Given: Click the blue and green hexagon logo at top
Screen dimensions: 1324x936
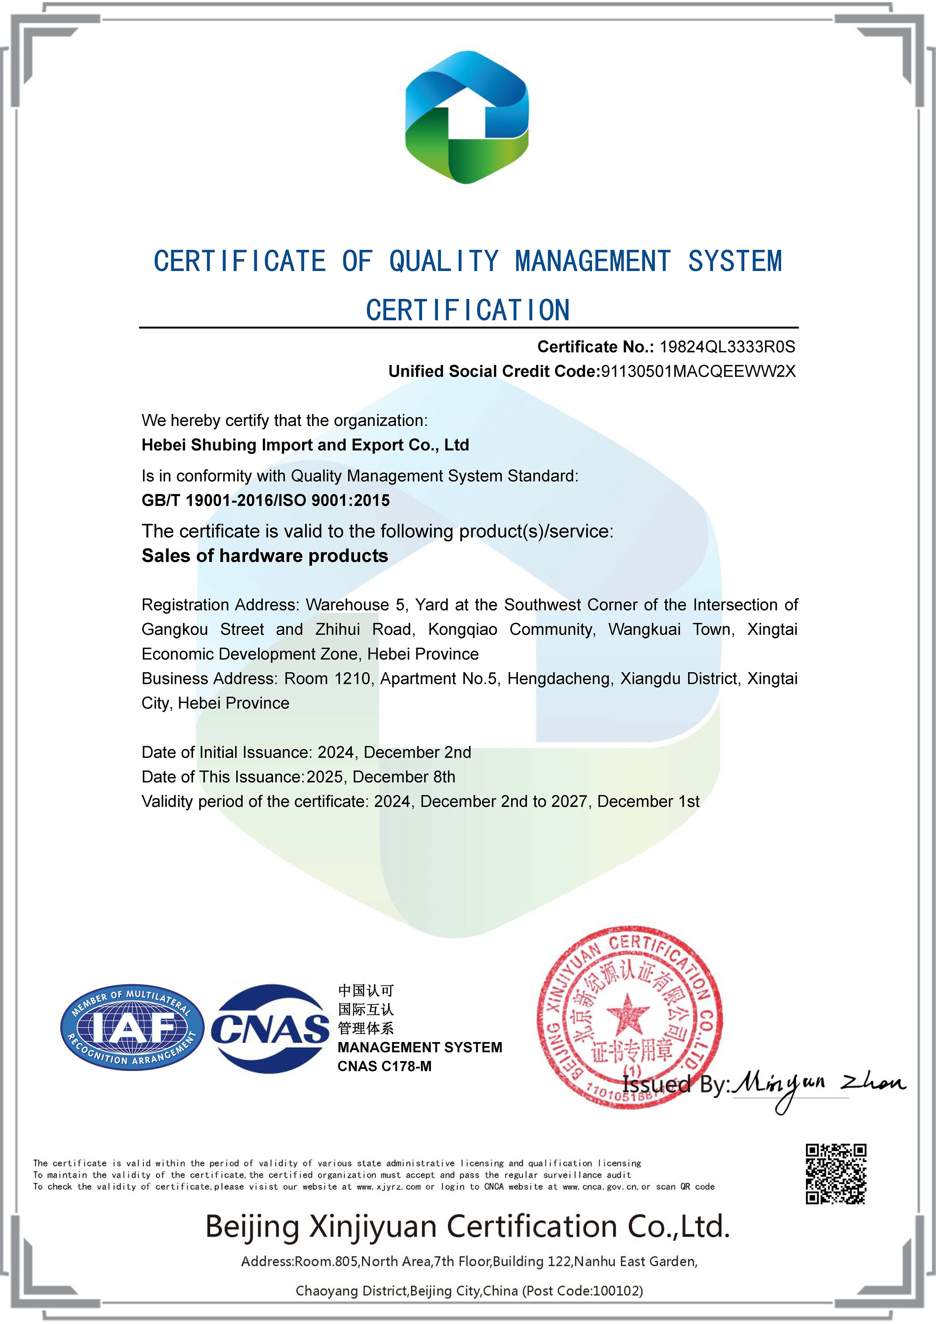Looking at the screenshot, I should click(467, 118).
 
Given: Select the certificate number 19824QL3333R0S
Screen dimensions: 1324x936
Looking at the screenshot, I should click(727, 347).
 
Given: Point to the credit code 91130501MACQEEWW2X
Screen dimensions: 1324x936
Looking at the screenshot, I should click(698, 371).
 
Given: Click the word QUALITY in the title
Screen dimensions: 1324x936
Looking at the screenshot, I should click(444, 261).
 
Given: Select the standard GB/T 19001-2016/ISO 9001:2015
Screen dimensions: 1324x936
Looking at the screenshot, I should click(266, 500).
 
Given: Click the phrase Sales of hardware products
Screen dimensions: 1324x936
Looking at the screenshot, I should click(265, 556).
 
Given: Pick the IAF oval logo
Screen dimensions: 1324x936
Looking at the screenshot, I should click(132, 1027).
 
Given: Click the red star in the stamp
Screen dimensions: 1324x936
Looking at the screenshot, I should click(628, 1014).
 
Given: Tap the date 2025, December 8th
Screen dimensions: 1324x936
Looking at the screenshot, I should click(381, 777).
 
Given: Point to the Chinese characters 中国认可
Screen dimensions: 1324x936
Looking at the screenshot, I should click(366, 991).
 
